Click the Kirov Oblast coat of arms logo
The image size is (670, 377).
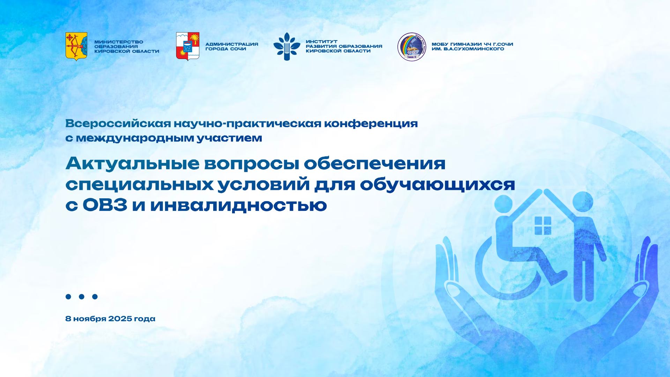click(76, 46)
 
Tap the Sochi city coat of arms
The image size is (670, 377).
click(188, 46)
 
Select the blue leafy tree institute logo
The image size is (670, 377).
click(287, 46)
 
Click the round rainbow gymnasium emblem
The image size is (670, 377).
click(412, 47)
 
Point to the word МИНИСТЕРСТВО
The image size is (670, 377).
click(119, 42)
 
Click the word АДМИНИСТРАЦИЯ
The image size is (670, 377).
click(232, 44)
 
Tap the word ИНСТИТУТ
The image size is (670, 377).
click(321, 42)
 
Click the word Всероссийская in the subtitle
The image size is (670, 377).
click(118, 124)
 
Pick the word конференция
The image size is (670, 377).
click(371, 124)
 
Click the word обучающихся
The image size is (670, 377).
click(438, 184)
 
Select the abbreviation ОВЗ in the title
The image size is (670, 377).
click(105, 205)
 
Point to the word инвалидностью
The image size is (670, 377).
click(238, 205)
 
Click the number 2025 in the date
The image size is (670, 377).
click(120, 319)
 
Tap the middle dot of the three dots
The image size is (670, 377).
click(82, 297)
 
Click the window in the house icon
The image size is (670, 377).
click(543, 226)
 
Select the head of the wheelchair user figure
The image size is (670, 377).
click(504, 204)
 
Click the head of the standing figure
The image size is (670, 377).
click(583, 201)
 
